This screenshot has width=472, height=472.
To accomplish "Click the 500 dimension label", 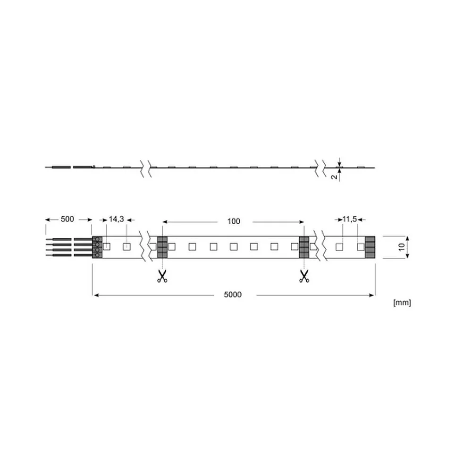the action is pyautogui.click(x=67, y=219).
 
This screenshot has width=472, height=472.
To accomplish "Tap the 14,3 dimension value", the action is pyautogui.click(x=116, y=219).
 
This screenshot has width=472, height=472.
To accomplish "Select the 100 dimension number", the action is pyautogui.click(x=234, y=221).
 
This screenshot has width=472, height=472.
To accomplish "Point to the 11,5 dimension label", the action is pyautogui.click(x=349, y=219).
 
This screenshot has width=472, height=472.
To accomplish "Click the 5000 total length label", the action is pyautogui.click(x=233, y=295).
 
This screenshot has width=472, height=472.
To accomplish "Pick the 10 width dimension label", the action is pyautogui.click(x=402, y=247).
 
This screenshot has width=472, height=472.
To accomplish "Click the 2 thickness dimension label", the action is pyautogui.click(x=334, y=177).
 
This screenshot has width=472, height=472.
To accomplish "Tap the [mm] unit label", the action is pyautogui.click(x=402, y=303).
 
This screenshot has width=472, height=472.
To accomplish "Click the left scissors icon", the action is pyautogui.click(x=162, y=276).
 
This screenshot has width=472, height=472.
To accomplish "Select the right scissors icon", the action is pyautogui.click(x=304, y=276).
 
